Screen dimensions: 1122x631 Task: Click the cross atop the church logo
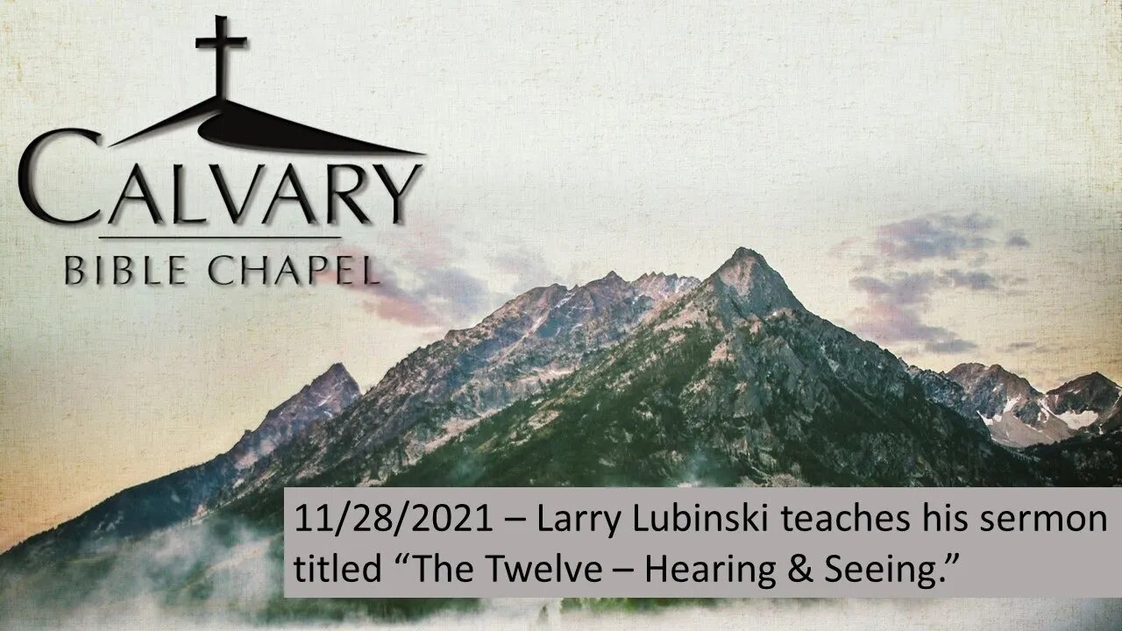click(x=220, y=56)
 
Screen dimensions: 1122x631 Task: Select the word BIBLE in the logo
click(x=125, y=271)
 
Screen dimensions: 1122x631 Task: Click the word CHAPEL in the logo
click(x=294, y=271)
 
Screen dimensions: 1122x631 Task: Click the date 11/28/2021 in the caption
click(x=394, y=519)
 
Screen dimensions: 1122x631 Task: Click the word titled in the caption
click(x=337, y=568)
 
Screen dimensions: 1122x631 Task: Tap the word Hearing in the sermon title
click(x=710, y=570)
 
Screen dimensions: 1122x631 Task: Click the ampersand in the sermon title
click(x=800, y=568)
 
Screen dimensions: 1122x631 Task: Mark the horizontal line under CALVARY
click(x=220, y=238)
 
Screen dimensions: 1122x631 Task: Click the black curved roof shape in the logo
click(x=266, y=128)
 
